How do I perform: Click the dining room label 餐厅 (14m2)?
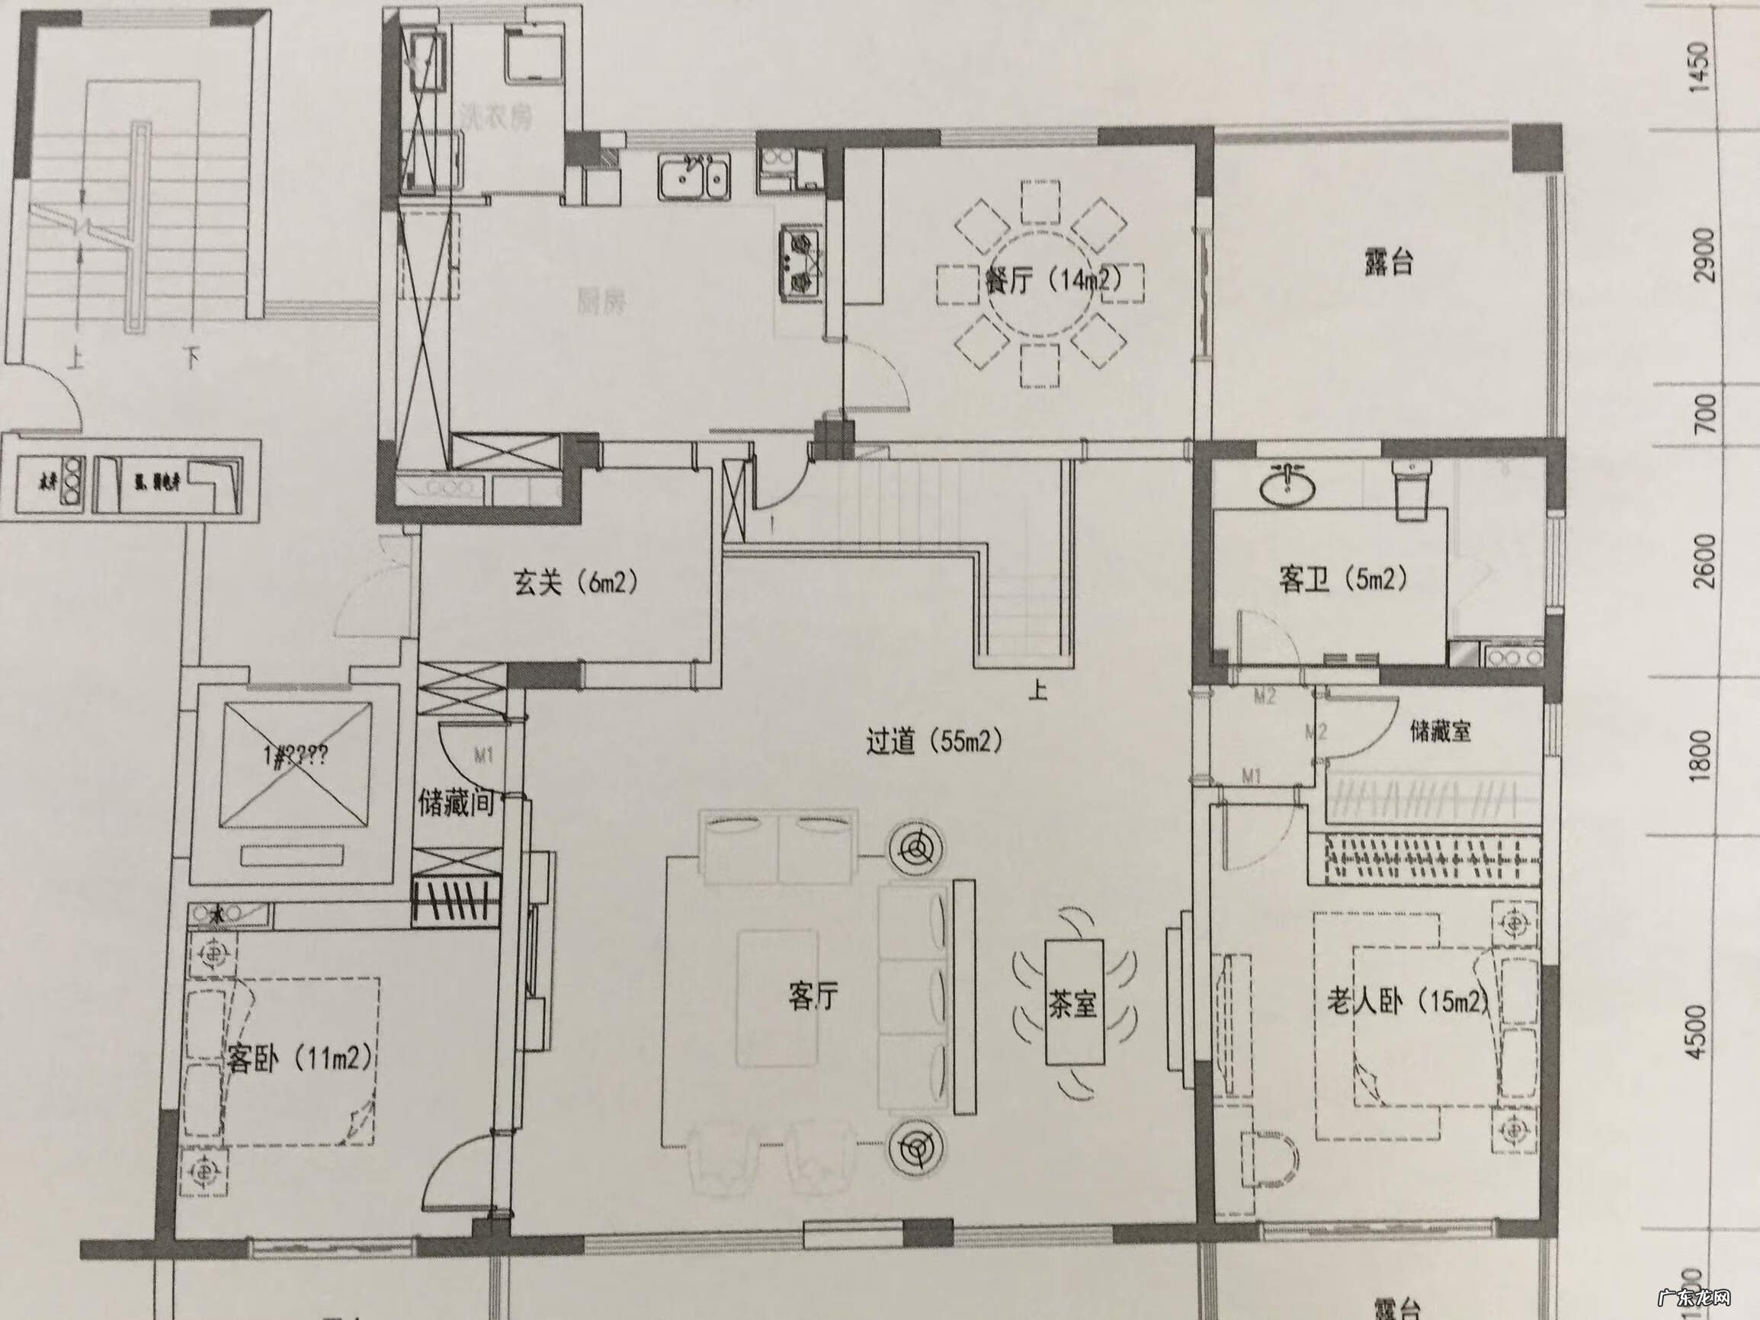[1052, 283]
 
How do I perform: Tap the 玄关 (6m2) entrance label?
[575, 584]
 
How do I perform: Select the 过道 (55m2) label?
[934, 742]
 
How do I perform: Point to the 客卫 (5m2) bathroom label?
[1343, 579]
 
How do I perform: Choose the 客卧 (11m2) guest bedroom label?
[299, 1059]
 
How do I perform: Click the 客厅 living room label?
[813, 995]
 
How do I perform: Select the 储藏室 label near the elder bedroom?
[1440, 731]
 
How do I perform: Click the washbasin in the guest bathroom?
[1287, 485]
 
